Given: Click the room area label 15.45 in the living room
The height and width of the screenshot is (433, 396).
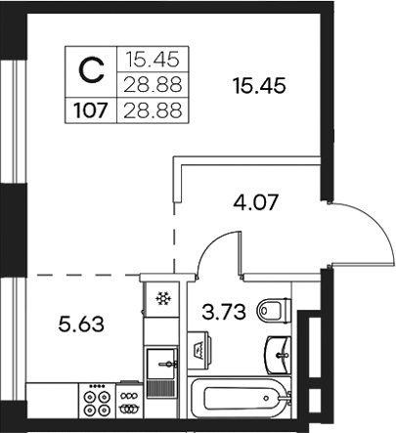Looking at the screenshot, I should coord(259,87).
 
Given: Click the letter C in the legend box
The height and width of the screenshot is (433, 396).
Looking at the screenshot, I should coord(90,69).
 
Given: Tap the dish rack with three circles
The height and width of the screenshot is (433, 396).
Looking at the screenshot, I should coord(128,401).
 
